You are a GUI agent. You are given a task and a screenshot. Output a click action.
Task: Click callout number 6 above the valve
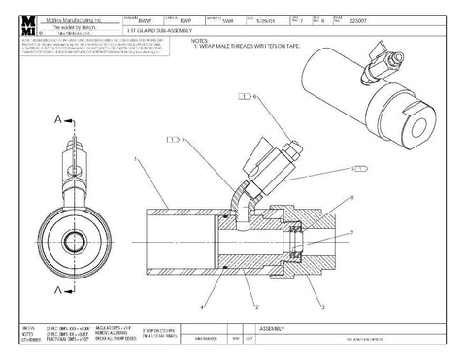256,97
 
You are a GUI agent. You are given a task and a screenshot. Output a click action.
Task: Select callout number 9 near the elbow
182,141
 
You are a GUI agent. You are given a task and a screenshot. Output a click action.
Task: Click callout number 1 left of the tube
137,156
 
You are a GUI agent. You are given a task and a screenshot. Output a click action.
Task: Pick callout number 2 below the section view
256,306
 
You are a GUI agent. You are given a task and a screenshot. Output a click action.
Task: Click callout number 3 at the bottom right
322,306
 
